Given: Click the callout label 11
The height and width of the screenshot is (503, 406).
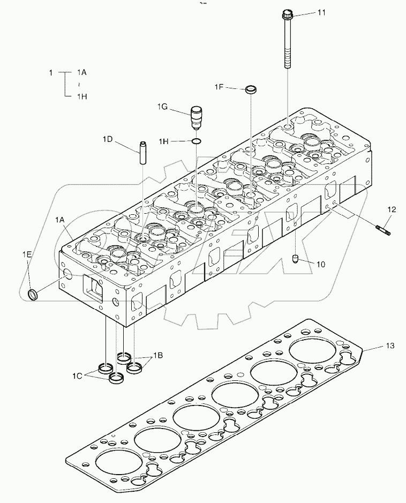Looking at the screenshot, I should [321, 12].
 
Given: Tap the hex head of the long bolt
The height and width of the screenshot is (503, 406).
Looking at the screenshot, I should [287, 14].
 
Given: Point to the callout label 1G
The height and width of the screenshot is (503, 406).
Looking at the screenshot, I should [163, 107].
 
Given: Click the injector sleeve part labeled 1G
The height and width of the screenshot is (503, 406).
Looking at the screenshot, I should [197, 117].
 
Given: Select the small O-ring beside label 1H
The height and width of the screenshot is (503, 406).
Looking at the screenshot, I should [197, 141].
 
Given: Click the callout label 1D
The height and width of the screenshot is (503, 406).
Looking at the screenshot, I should [108, 140].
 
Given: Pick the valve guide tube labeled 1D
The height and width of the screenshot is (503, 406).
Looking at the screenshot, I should [144, 153].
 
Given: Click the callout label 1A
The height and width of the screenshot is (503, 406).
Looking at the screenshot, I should [59, 220].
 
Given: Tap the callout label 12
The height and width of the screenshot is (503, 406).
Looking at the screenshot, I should [392, 209].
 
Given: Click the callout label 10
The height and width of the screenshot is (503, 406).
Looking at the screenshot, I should [321, 264].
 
